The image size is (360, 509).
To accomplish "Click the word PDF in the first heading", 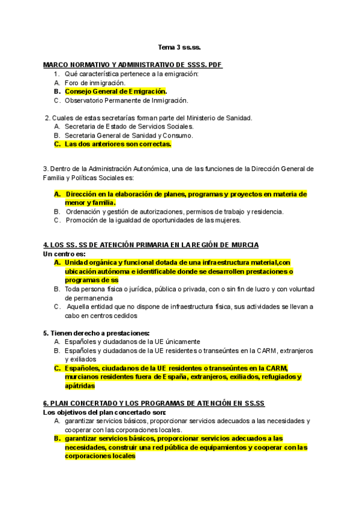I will point(215,64).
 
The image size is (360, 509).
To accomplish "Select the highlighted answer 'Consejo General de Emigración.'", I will point(116,91).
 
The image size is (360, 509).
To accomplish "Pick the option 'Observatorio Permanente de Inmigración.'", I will point(126,100).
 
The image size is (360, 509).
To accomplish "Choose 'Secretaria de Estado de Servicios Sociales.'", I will point(129,127).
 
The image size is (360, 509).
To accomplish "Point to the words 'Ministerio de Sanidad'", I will point(222,118).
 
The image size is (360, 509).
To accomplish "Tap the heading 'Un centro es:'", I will point(64,254).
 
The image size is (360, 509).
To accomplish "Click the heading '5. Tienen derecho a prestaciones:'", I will point(96,333).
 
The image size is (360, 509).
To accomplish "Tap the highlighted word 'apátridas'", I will point(80,386).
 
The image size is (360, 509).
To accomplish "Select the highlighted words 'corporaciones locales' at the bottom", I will point(100,456).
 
